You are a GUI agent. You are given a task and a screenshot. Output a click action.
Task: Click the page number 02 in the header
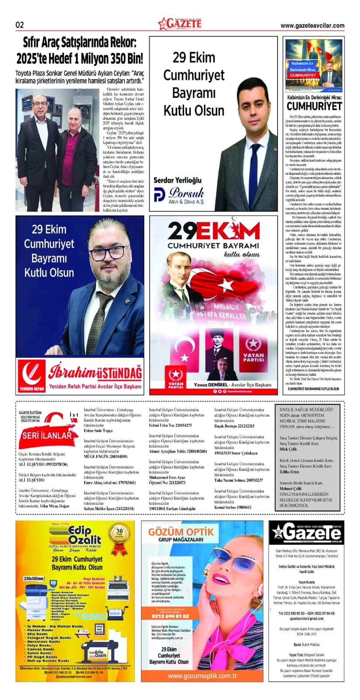[x=20, y=25]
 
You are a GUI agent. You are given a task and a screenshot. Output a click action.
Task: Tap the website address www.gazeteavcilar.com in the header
[x=312, y=26]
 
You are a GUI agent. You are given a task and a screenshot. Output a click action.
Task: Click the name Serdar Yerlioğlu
[x=178, y=180]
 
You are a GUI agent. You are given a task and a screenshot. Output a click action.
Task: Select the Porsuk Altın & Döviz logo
[x=179, y=195]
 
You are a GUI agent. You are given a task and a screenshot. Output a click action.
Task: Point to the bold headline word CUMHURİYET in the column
[x=314, y=106]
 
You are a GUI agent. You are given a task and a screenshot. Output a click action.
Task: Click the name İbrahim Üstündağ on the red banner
[x=95, y=372]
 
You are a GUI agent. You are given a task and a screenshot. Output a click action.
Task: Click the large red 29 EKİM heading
[x=213, y=232]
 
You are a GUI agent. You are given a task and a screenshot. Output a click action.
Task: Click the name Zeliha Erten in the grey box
[x=289, y=472]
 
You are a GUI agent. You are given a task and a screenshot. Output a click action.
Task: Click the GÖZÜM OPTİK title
[x=181, y=532]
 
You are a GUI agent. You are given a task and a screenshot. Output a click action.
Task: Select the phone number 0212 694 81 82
[x=170, y=616]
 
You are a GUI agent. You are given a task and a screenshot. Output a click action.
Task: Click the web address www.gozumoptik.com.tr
[x=202, y=676]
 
